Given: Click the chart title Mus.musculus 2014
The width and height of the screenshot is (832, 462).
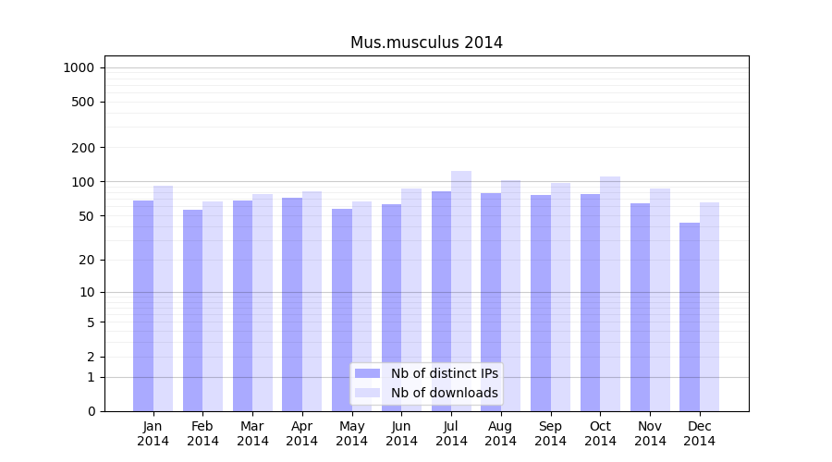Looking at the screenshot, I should [426, 43].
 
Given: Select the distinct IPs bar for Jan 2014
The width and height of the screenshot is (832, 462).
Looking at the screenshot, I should [143, 305].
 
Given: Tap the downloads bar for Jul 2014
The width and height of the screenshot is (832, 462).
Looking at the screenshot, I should [461, 291].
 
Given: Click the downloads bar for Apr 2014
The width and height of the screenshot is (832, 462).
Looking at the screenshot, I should [312, 301].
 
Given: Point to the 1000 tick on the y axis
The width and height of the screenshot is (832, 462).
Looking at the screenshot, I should [79, 67].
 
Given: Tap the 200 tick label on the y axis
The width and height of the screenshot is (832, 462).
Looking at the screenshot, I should [82, 148].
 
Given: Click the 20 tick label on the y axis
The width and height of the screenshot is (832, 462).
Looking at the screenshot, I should [86, 260].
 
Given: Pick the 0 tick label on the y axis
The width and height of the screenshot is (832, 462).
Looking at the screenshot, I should [91, 411].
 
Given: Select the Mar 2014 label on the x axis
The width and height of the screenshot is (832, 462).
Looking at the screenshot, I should [252, 433].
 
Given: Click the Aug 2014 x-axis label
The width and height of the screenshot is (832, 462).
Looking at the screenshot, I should [501, 433].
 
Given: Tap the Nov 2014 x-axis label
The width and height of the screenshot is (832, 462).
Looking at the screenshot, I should [650, 433].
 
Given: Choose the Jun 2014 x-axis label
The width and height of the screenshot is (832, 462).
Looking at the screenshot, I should [401, 433].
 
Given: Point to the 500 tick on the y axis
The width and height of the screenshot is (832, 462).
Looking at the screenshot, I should [82, 102].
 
